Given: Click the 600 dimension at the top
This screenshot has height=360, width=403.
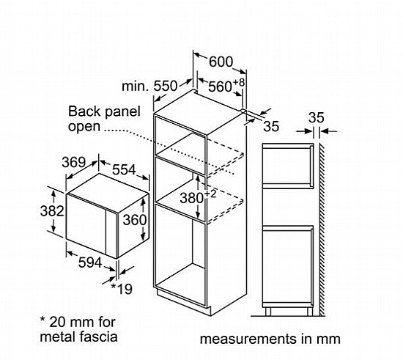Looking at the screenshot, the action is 221,62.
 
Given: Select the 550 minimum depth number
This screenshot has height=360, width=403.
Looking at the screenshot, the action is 166,86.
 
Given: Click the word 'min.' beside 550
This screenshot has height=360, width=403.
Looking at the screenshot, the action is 136,87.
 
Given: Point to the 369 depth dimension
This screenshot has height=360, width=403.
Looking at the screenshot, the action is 74,162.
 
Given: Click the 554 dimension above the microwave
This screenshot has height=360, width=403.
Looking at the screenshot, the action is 124,169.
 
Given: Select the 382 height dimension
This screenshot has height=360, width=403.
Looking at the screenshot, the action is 52,211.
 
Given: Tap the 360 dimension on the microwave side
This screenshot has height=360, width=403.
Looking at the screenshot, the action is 135,220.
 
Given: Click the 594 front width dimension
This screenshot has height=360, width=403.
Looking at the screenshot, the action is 90,262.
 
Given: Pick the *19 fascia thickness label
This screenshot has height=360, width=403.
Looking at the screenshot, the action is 122,289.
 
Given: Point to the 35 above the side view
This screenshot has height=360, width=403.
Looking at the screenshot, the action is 316,118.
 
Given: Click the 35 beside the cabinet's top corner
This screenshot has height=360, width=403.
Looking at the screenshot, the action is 271,126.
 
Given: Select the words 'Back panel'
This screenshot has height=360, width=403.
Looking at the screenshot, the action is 104,111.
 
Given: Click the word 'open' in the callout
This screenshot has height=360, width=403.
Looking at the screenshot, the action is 84,127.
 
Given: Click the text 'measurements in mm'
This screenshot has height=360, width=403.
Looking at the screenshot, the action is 270,339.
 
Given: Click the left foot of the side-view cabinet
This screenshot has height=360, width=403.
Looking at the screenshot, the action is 267,311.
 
